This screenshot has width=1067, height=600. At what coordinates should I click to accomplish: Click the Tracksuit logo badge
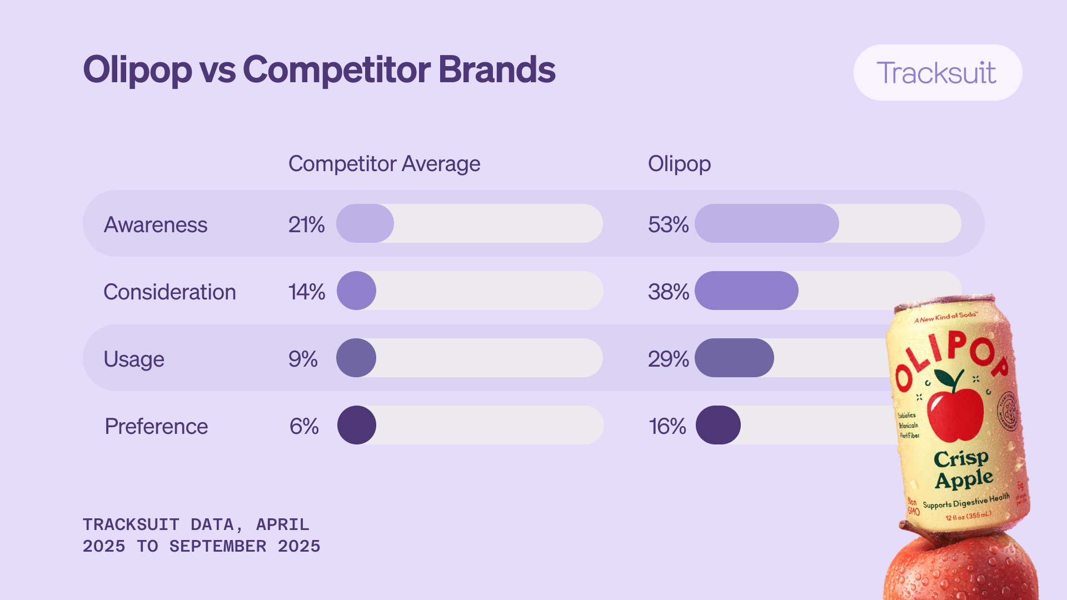click(937, 73)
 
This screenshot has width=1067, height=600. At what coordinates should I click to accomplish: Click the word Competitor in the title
click(336, 70)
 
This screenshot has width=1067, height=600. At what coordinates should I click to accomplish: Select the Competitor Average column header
click(384, 164)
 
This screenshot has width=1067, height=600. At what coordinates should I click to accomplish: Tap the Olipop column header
click(679, 164)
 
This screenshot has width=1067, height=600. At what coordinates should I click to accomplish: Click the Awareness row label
click(156, 224)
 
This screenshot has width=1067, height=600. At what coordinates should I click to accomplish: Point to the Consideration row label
click(169, 292)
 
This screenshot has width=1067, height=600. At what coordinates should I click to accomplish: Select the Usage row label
click(134, 359)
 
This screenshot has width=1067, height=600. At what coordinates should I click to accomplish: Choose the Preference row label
click(156, 426)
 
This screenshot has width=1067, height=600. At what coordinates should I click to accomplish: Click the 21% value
click(306, 224)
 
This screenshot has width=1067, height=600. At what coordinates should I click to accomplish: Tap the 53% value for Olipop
click(668, 224)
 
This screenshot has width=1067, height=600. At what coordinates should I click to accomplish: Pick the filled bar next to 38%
click(746, 291)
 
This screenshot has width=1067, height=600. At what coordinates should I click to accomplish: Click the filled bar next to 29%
click(734, 358)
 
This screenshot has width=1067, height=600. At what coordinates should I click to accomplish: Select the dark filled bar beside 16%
click(718, 425)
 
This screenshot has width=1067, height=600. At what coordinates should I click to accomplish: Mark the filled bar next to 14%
click(356, 291)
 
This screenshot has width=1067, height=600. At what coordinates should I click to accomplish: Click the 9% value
click(303, 359)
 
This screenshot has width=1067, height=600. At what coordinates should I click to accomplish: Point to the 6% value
click(304, 426)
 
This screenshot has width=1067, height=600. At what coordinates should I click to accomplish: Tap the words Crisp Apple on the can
click(963, 469)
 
